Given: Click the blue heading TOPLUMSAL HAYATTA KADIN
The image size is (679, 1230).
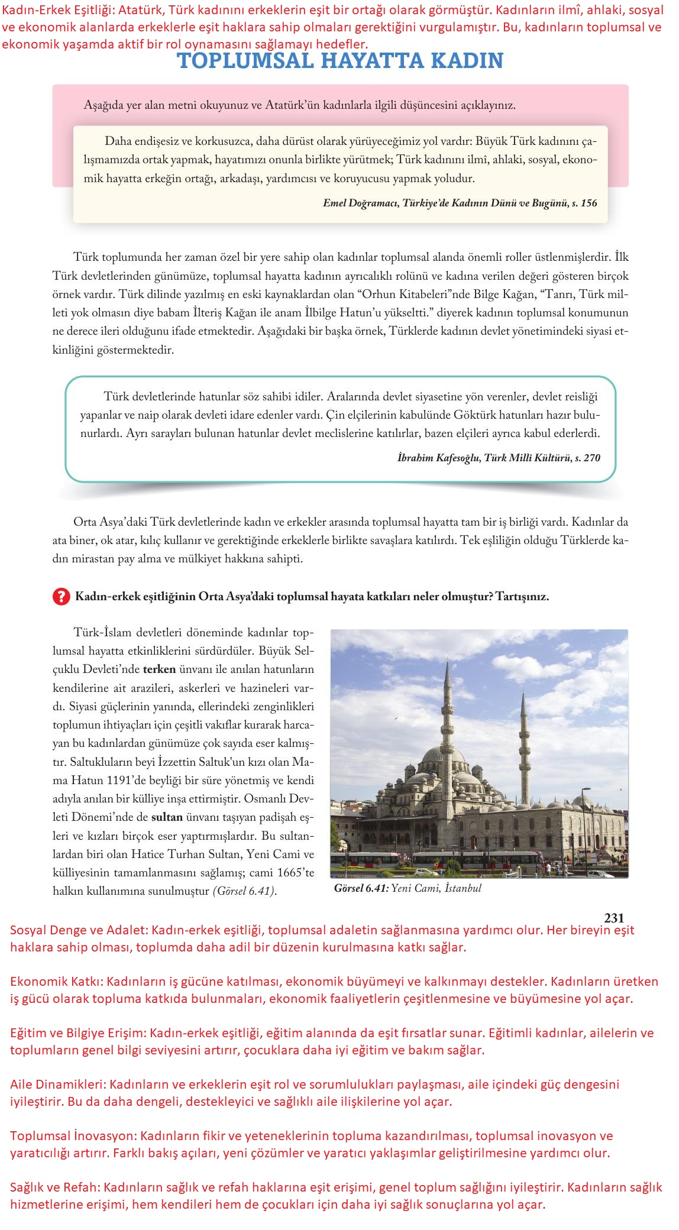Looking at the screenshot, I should pyautogui.click(x=340, y=61).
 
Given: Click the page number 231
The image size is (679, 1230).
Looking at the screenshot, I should pyautogui.click(x=614, y=918).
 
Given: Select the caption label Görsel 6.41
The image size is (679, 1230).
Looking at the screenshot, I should pyautogui.click(x=360, y=888).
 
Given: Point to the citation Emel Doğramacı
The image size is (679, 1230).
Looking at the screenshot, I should pyautogui.click(x=360, y=203).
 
